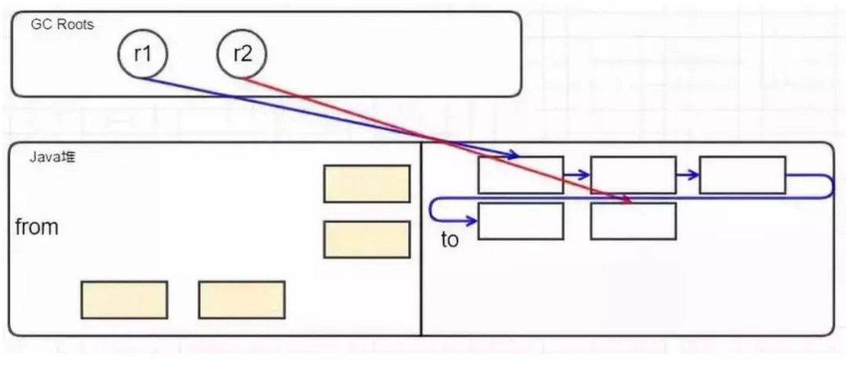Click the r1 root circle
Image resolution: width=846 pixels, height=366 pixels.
(x=143, y=55)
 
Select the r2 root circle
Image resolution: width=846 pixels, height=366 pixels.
(x=241, y=55)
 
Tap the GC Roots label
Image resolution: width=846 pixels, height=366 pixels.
(x=62, y=24)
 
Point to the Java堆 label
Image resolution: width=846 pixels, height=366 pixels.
(x=52, y=156)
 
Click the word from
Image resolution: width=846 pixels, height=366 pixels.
(x=37, y=228)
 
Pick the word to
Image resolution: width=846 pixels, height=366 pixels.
(x=450, y=239)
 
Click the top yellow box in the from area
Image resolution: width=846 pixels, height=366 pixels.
(x=367, y=184)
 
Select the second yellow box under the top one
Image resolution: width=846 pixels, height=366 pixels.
(x=367, y=239)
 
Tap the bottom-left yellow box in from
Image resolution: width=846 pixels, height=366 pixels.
(x=124, y=300)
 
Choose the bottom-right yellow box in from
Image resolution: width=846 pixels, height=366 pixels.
(x=241, y=300)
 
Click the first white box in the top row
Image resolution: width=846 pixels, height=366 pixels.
(x=520, y=175)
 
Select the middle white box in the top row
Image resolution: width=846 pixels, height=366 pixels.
(x=633, y=175)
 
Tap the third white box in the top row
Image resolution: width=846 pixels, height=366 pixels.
(x=742, y=175)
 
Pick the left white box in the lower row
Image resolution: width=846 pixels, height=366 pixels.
(x=520, y=221)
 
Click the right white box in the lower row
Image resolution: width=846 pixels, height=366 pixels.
(x=633, y=221)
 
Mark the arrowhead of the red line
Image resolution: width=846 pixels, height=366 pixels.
(x=627, y=202)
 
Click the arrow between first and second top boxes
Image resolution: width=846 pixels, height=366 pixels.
(x=577, y=175)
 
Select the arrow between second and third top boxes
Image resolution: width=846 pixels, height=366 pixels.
(x=689, y=175)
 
